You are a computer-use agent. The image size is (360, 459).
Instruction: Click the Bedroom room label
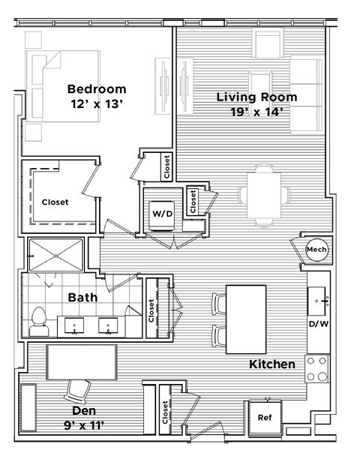(x=97, y=88)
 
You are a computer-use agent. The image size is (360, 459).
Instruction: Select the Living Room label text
(x=256, y=97)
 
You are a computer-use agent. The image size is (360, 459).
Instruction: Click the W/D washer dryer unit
(x=163, y=214)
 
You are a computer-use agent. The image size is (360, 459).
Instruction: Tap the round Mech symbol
(x=316, y=249)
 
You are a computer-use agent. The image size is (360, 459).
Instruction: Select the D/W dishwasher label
(x=318, y=325)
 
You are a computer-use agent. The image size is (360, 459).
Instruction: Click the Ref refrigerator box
(x=264, y=418)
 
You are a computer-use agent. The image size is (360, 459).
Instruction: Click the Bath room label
(x=82, y=297)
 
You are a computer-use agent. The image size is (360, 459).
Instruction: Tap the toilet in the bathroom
(x=38, y=322)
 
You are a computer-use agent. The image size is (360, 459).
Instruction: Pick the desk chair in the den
(x=78, y=390)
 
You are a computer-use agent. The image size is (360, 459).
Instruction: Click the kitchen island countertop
(x=247, y=319)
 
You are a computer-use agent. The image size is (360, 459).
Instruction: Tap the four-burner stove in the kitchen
(x=317, y=368)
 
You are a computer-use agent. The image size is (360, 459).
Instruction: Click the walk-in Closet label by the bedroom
(x=55, y=202)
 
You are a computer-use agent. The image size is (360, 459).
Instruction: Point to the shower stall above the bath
(x=55, y=254)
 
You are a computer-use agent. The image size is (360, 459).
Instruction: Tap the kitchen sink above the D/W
(x=318, y=301)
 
